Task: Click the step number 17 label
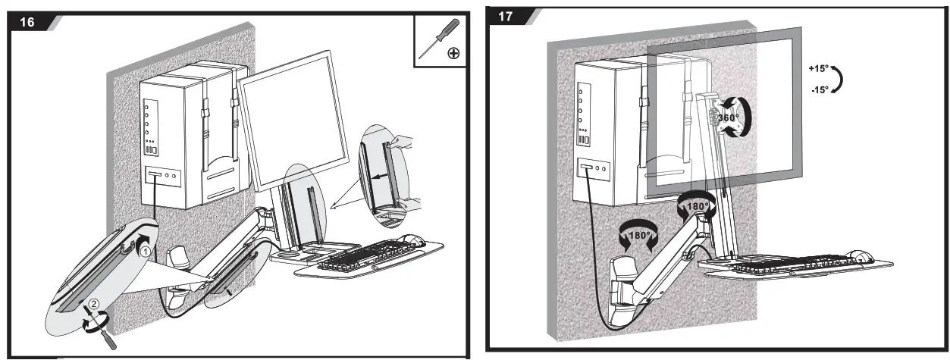coord(506,17)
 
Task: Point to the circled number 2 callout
coord(93,305)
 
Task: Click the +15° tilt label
coord(820,69)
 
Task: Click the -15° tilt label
coord(820,89)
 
